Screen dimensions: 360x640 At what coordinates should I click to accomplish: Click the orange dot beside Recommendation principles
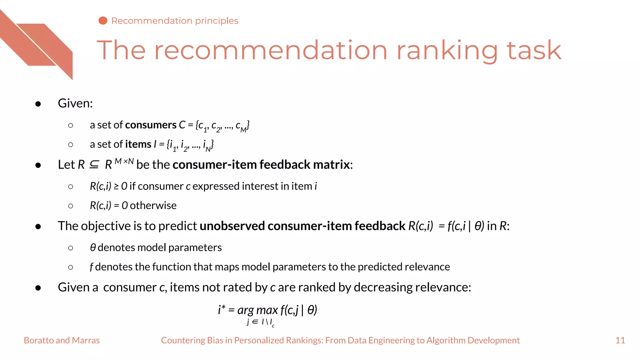[x=103, y=21]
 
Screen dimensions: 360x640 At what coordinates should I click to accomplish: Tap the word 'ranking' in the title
[x=447, y=51]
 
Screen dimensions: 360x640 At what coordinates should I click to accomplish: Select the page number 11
[x=620, y=340]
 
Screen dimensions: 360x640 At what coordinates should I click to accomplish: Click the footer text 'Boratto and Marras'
[x=62, y=340]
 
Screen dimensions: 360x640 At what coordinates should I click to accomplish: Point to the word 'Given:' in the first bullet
[x=75, y=103]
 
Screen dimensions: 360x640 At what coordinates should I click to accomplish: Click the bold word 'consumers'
[x=151, y=125]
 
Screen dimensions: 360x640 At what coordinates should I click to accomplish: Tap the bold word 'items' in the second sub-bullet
[x=138, y=144]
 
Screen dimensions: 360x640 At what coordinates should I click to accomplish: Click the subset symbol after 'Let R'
[x=94, y=165]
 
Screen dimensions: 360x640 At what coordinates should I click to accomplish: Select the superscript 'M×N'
[x=124, y=161]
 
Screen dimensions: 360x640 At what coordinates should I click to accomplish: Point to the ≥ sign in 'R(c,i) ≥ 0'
[x=116, y=187]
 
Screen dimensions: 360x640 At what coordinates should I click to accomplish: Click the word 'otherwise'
[x=153, y=206]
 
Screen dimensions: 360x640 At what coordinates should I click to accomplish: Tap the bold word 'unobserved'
[x=232, y=226]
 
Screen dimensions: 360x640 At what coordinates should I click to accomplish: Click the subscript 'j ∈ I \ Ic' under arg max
[x=260, y=322]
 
